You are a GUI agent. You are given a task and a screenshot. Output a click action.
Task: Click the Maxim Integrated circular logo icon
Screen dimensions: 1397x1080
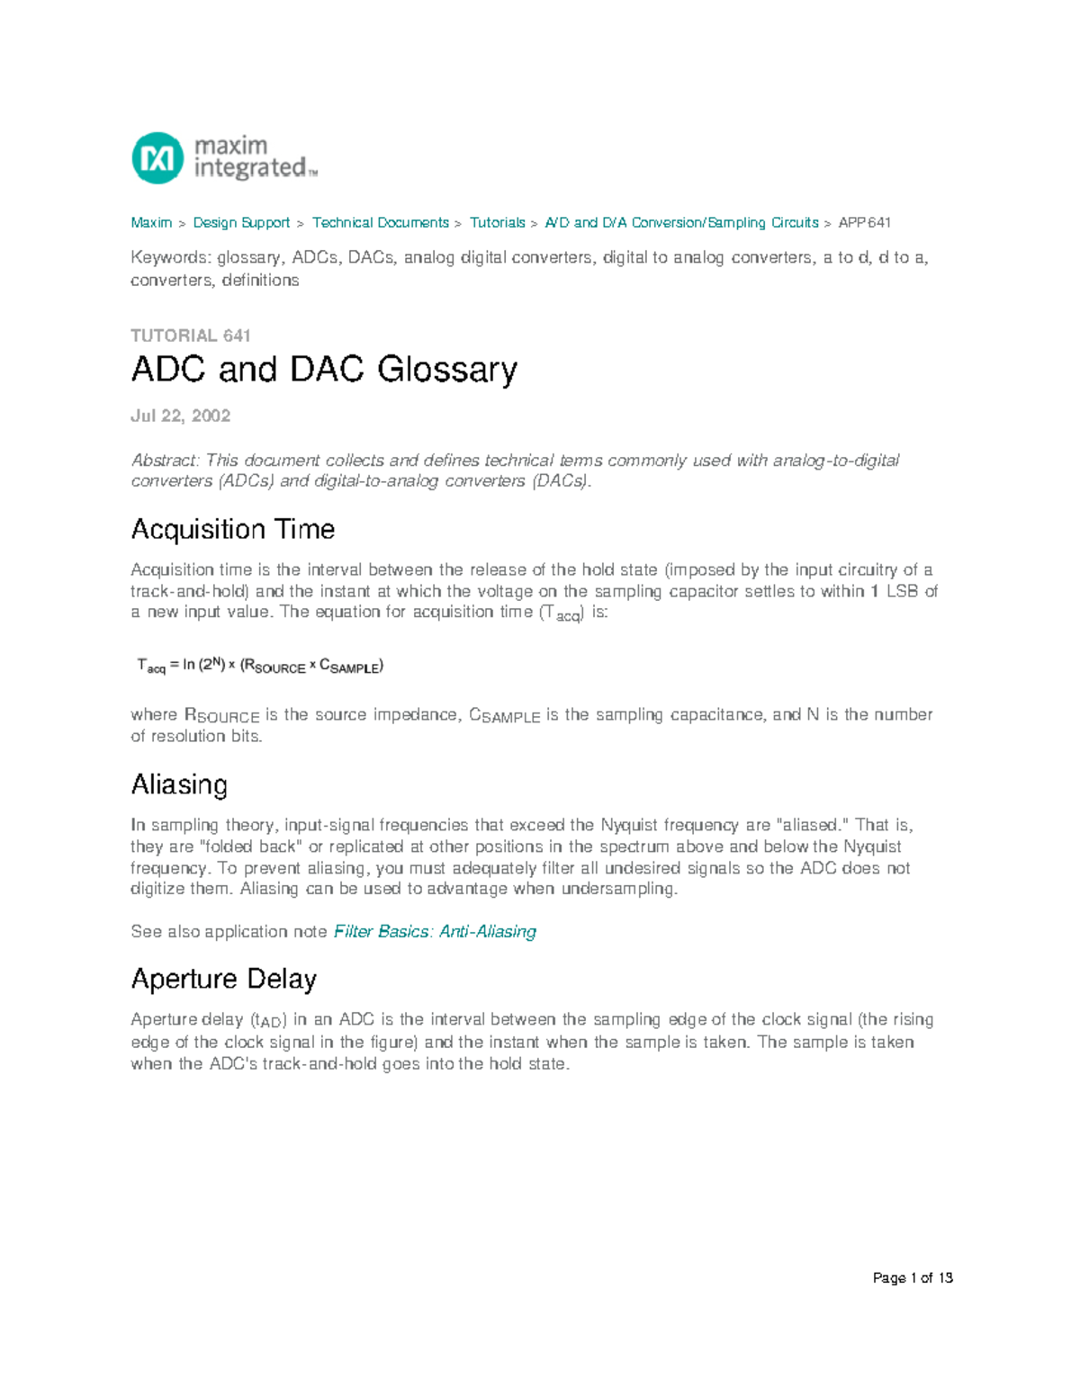[x=157, y=158]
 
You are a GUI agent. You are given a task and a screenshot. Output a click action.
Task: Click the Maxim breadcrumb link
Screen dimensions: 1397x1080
[x=151, y=222]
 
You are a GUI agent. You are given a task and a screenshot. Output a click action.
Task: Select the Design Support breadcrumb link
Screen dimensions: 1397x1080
[x=241, y=222]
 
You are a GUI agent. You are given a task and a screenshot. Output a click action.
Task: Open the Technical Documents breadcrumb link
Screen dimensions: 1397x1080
[x=380, y=222]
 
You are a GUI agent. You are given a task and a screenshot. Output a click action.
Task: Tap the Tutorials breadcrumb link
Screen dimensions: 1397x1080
[x=497, y=222]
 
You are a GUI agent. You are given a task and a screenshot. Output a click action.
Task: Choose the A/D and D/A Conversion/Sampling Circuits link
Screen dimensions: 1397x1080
[x=681, y=222]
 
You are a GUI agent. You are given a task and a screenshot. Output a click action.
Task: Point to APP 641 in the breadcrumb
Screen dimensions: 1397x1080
[x=864, y=222]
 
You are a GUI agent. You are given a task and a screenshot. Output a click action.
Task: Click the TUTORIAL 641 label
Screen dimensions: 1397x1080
[x=190, y=336]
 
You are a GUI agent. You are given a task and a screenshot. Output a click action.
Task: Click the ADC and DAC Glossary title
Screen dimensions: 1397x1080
[x=324, y=370]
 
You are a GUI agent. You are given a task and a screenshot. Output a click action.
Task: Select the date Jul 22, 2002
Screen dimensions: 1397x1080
[x=180, y=416]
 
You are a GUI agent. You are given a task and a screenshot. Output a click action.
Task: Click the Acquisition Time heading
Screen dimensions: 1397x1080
[x=232, y=529]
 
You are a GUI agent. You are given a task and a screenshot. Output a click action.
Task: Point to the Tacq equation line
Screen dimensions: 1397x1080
[x=259, y=666]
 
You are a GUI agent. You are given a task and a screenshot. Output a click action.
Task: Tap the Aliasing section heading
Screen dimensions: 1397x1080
[x=179, y=784]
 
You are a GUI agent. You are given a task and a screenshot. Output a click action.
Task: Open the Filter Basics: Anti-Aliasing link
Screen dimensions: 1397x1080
[x=435, y=932]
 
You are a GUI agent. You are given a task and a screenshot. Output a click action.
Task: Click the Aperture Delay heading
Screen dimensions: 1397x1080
[x=223, y=979]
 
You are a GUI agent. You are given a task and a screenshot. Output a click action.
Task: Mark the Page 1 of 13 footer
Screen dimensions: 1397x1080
[x=912, y=1278]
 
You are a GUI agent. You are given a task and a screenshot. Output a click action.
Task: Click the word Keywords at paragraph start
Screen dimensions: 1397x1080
[x=170, y=258]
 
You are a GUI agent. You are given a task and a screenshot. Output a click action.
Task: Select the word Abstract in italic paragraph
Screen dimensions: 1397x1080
[x=165, y=461]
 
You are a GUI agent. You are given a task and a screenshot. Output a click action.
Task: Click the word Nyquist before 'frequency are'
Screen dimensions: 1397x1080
[x=629, y=825]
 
